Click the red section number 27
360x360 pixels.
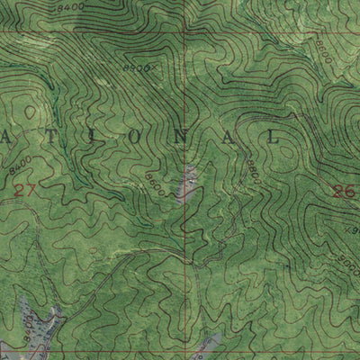(26, 188)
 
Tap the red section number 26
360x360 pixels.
(340, 189)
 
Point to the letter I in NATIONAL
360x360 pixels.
(103, 136)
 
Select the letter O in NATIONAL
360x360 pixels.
(147, 137)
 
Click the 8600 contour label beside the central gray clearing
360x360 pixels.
(154, 184)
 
